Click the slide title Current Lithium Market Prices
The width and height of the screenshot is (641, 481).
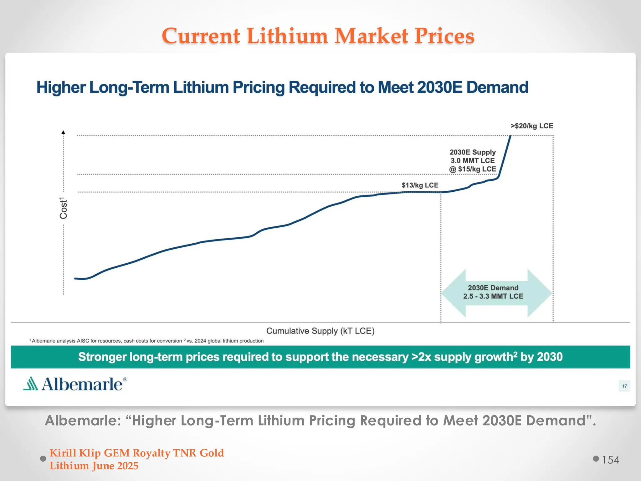(x=318, y=36)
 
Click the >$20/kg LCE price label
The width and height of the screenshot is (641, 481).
(x=532, y=126)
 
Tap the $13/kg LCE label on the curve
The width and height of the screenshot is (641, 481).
(x=420, y=185)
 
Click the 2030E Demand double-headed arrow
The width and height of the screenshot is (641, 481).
(x=496, y=292)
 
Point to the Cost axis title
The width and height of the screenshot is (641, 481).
(x=64, y=208)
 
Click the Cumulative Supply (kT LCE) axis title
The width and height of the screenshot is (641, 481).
(x=320, y=331)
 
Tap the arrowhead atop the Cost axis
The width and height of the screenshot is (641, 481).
(x=63, y=132)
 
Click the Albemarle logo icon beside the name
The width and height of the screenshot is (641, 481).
(x=31, y=384)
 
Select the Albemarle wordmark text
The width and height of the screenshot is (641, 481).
(x=82, y=384)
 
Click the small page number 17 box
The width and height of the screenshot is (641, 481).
(x=624, y=386)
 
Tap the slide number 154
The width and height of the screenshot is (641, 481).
(x=610, y=460)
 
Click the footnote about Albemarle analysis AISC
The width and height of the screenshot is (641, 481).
(x=106, y=341)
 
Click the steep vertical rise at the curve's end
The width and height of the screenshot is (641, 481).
(x=505, y=157)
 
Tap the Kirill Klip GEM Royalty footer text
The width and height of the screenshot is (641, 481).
(x=136, y=453)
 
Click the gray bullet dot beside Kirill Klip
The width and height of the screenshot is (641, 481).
(x=43, y=459)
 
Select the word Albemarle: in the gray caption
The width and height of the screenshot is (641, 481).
(x=83, y=421)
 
